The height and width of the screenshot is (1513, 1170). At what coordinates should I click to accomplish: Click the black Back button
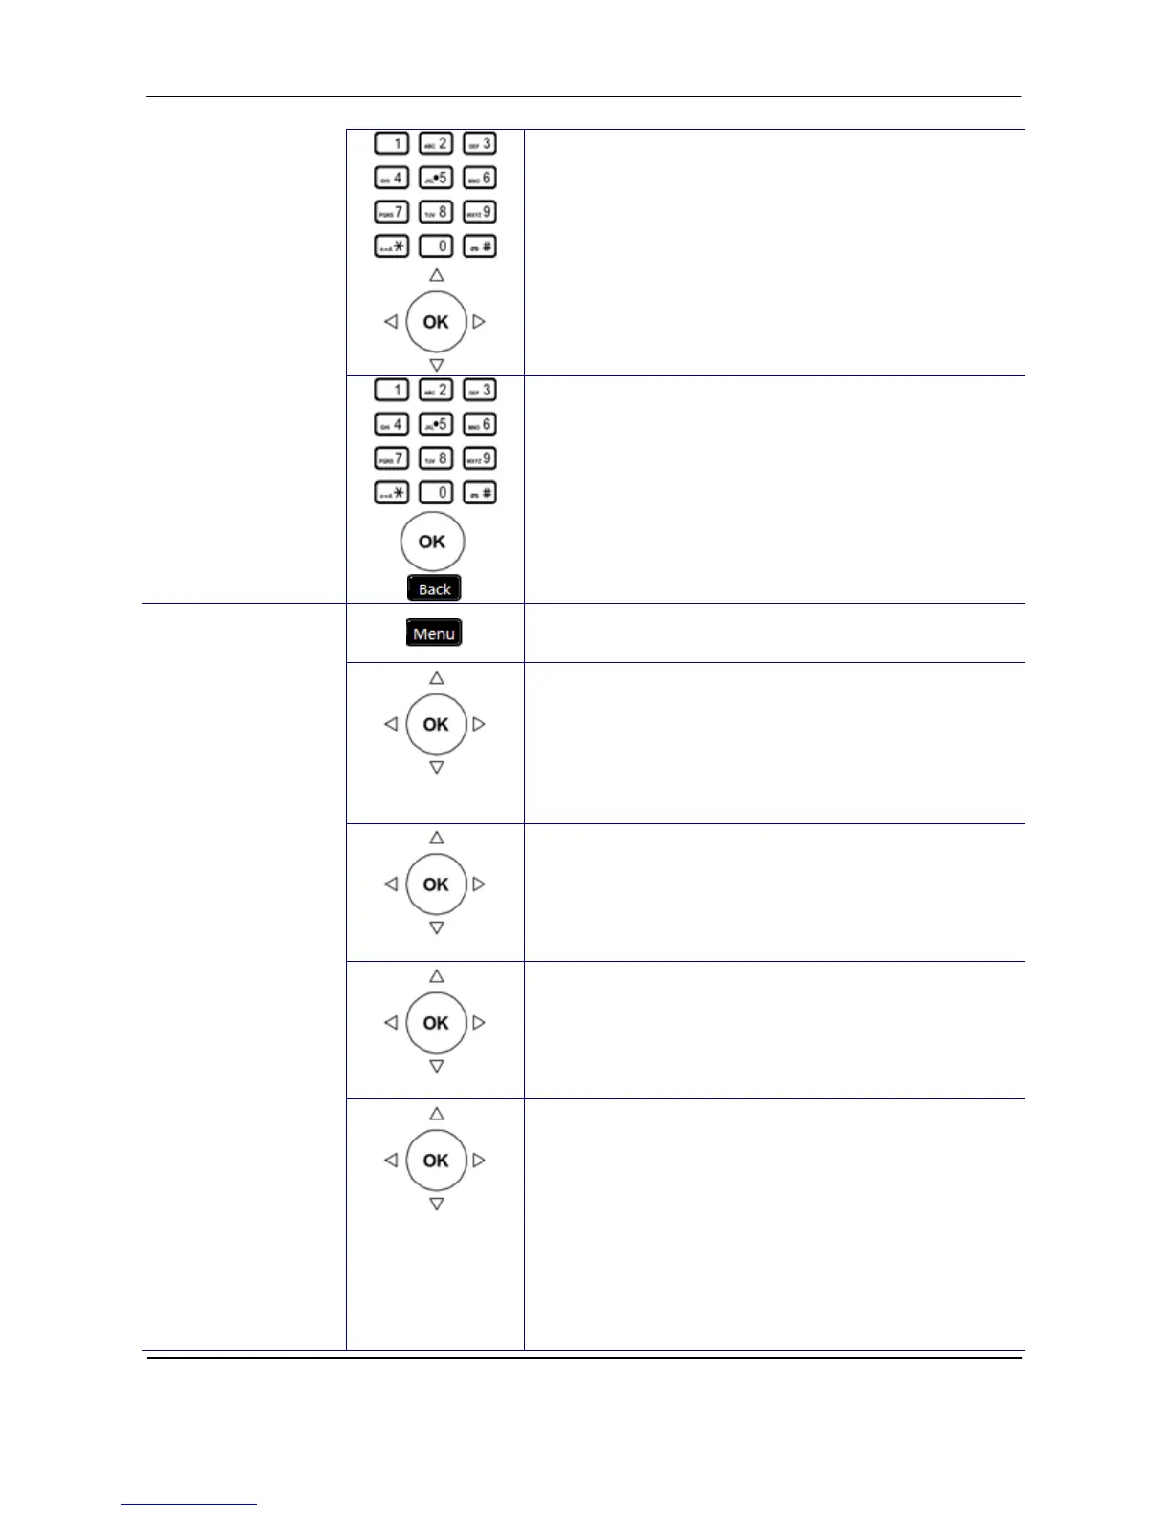click(434, 588)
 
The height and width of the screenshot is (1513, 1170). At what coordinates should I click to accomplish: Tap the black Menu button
click(434, 633)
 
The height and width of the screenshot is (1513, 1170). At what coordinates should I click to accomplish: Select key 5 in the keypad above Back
click(436, 424)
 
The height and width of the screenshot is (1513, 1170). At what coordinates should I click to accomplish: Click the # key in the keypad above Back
click(480, 493)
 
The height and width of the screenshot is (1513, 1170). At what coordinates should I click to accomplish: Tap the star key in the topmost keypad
click(391, 246)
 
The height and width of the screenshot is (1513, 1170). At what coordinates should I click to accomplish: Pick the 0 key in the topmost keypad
click(436, 246)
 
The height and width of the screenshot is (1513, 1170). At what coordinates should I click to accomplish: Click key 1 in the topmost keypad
click(391, 143)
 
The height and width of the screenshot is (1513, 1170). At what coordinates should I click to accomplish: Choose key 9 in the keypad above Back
click(480, 458)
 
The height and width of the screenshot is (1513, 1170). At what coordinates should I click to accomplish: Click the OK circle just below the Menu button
click(436, 724)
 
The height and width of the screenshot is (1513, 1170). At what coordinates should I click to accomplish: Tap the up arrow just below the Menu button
click(437, 678)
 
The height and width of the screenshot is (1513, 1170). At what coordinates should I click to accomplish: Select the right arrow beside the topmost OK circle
click(479, 322)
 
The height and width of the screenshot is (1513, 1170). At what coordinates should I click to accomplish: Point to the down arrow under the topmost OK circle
click(437, 365)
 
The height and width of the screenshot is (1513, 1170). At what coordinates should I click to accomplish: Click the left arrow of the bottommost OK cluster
click(391, 1161)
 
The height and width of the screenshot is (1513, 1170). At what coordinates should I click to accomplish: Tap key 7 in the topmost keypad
click(391, 212)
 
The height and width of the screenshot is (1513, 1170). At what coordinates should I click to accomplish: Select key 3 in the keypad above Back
click(480, 390)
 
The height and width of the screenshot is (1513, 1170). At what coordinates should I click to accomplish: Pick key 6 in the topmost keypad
click(480, 178)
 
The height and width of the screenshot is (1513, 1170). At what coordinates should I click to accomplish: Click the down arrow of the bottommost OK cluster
click(437, 1204)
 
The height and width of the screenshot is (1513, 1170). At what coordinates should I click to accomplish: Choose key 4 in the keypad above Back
click(391, 424)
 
